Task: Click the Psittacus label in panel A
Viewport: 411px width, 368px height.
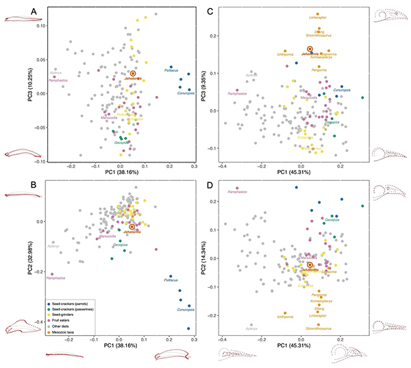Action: click(x=171, y=70)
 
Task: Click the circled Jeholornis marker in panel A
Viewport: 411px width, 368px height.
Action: click(x=133, y=73)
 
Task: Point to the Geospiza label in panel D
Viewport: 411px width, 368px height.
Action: click(x=331, y=219)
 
